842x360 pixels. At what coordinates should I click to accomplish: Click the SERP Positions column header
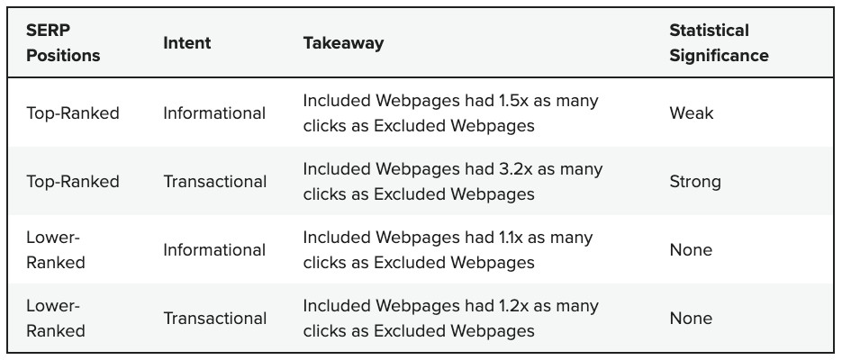click(x=63, y=42)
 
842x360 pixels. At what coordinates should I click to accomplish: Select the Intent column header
click(x=186, y=42)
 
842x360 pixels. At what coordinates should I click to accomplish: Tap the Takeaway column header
click(x=343, y=42)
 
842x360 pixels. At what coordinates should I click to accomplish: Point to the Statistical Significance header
click(x=719, y=42)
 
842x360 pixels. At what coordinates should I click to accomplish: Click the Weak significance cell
click(x=691, y=113)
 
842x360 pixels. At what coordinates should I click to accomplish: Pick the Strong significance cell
click(x=694, y=182)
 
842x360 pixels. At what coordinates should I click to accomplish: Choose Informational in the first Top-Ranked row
click(x=214, y=113)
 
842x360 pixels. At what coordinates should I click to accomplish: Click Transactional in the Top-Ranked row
click(x=215, y=182)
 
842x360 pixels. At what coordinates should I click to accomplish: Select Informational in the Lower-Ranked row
click(x=214, y=250)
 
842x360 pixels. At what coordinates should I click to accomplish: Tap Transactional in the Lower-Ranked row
click(x=215, y=319)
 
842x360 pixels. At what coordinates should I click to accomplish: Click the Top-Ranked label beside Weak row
click(x=72, y=113)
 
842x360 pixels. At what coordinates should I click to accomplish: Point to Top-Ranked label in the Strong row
click(x=72, y=182)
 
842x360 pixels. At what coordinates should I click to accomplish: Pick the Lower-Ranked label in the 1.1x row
click(x=56, y=250)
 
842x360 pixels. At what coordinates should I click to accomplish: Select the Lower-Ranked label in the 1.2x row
click(x=56, y=319)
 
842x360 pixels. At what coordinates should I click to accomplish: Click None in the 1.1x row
click(x=690, y=250)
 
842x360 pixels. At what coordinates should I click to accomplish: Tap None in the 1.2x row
click(x=690, y=319)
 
